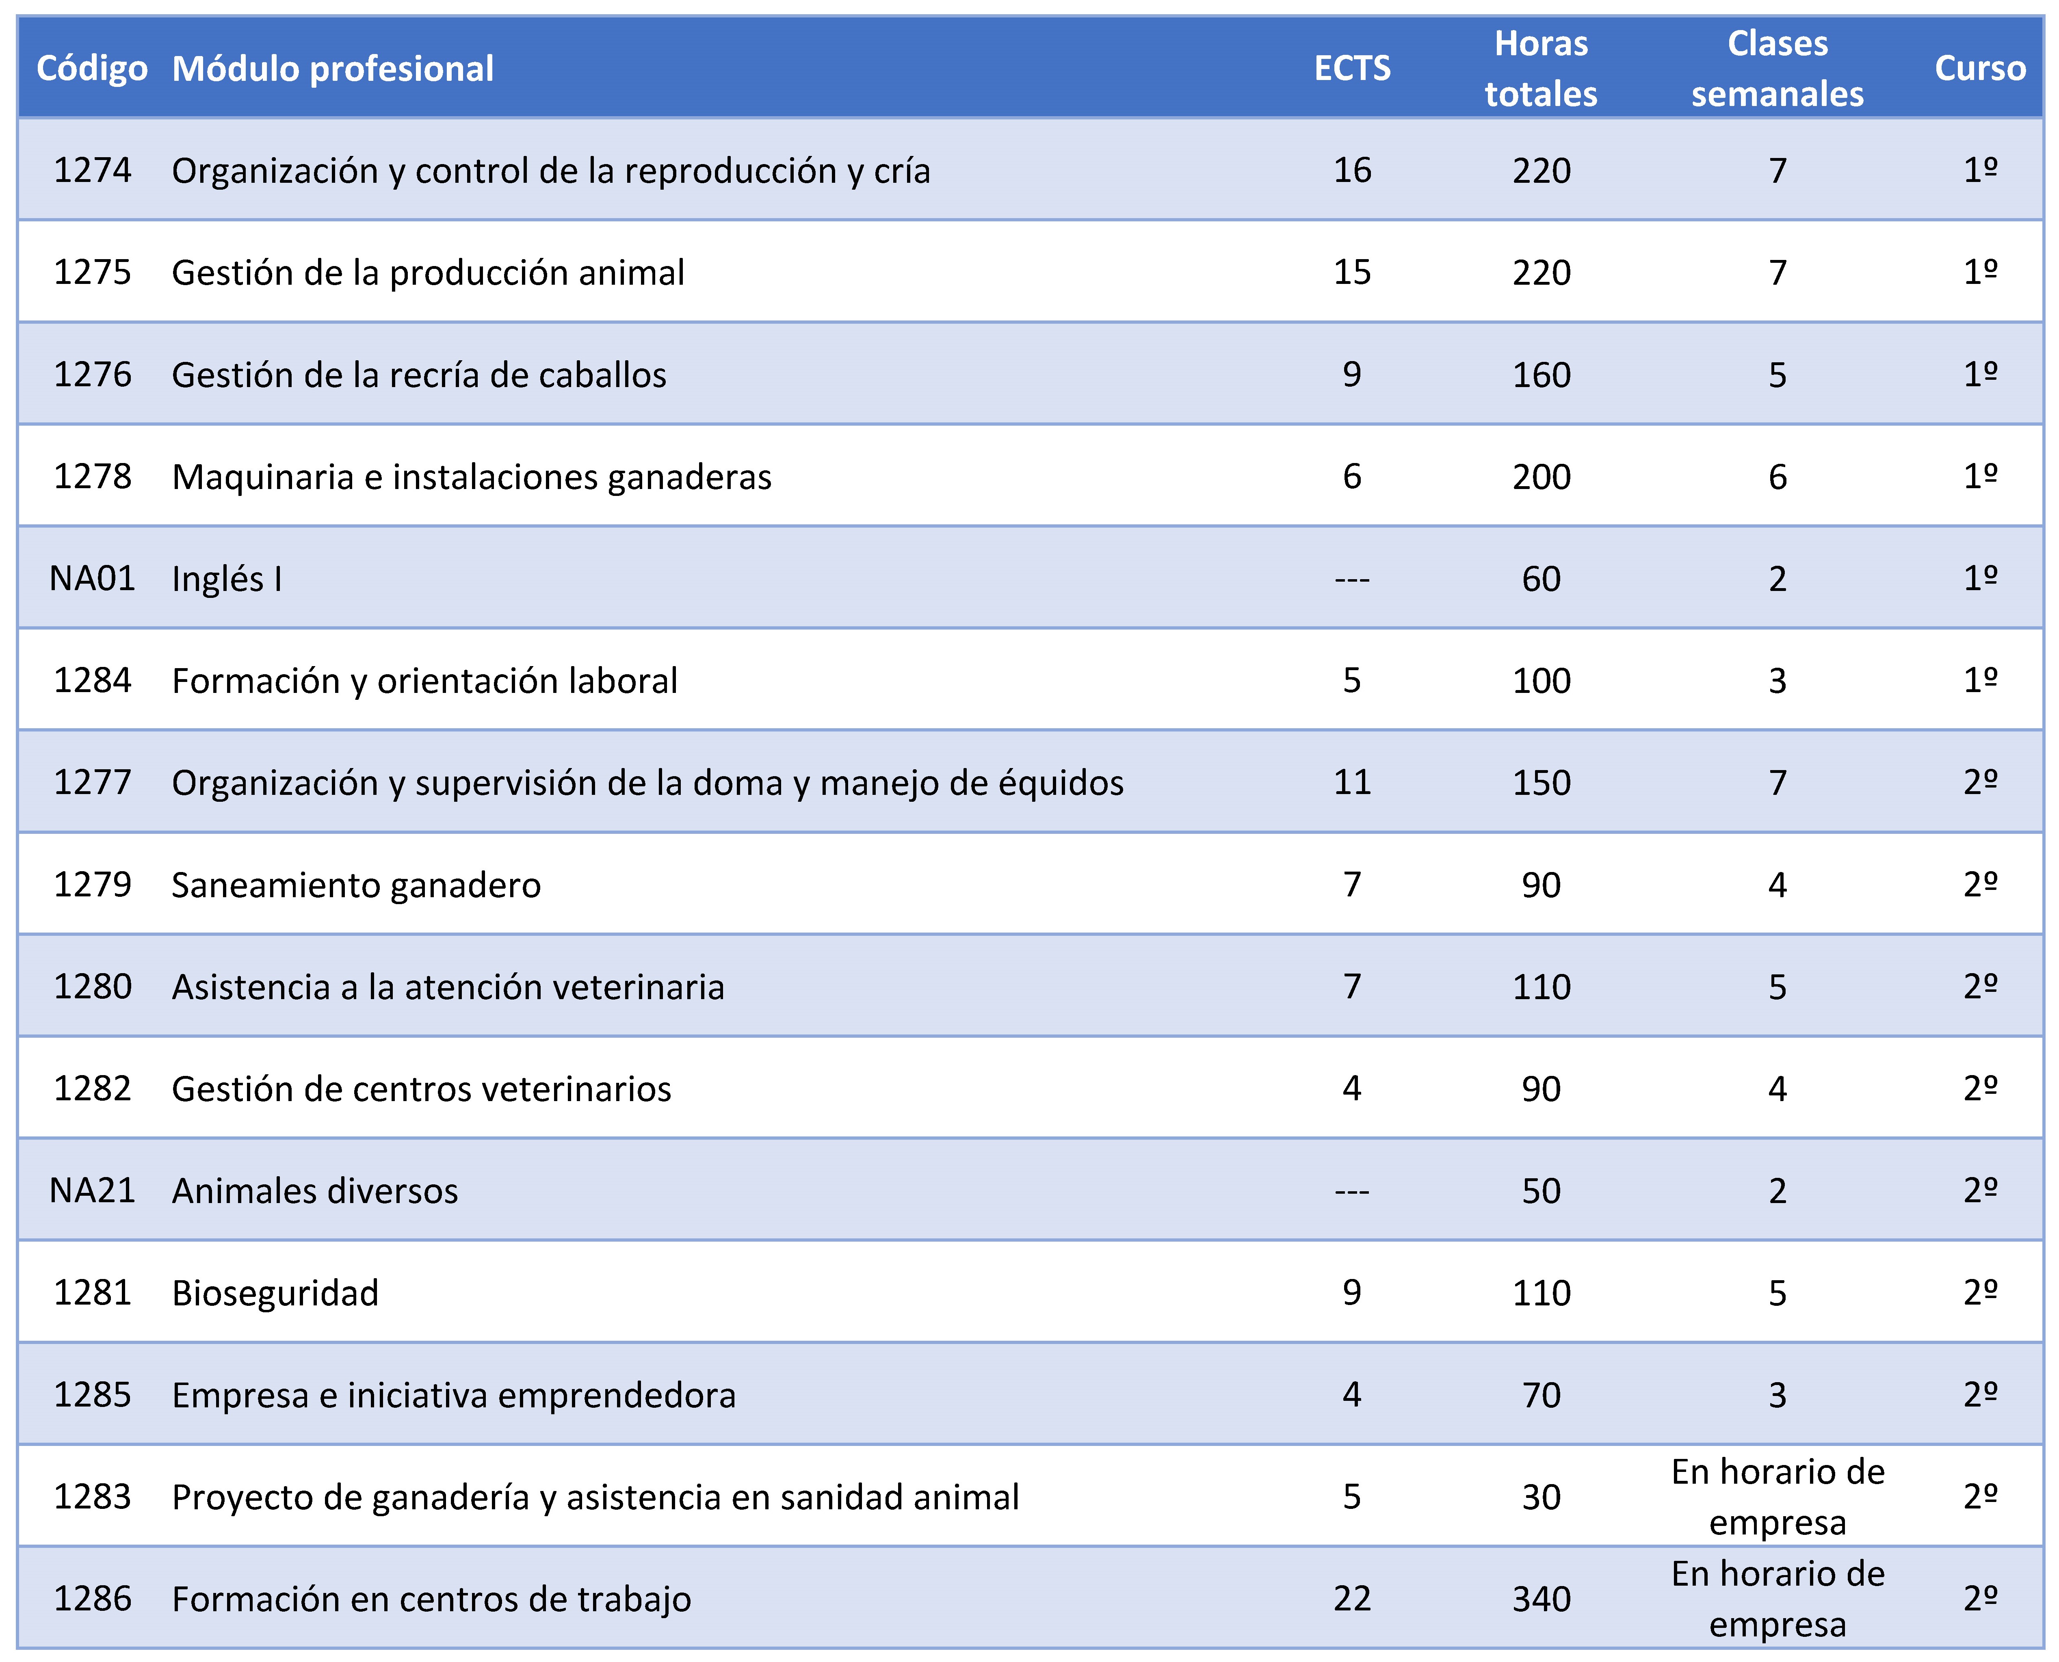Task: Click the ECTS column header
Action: click(x=1351, y=68)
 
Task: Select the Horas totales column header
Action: click(x=1541, y=68)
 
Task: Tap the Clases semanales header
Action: click(x=1778, y=68)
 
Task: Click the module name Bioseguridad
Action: click(x=276, y=1292)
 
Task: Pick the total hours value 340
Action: click(x=1541, y=1598)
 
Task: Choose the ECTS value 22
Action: click(x=1351, y=1598)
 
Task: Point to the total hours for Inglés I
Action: click(x=1541, y=578)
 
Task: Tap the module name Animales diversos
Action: click(x=315, y=1190)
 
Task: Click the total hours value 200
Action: click(x=1541, y=476)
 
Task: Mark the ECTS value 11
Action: click(x=1351, y=782)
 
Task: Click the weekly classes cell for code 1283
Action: click(x=1778, y=1496)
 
